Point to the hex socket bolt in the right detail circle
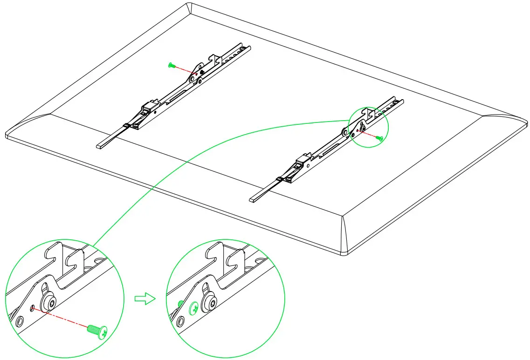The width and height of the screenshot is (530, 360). (209, 305)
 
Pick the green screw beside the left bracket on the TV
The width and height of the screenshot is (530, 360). (171, 66)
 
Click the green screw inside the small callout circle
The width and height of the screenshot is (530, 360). (380, 138)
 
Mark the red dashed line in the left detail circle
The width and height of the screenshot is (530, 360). (61, 319)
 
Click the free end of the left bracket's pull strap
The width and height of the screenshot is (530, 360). (99, 146)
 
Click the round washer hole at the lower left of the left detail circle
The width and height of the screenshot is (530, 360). (19, 322)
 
